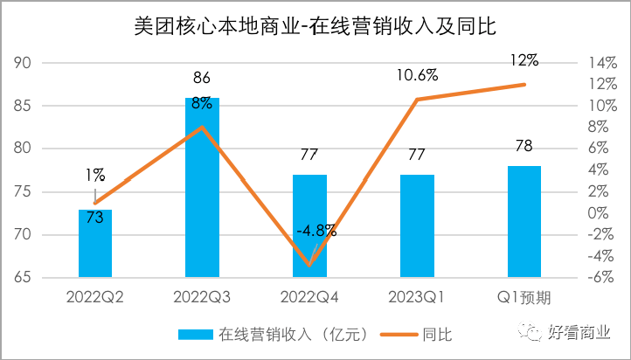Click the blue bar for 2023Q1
(x=417, y=227)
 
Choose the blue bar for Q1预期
(x=524, y=223)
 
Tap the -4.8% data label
(x=315, y=231)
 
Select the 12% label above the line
(x=524, y=60)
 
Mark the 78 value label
(x=524, y=146)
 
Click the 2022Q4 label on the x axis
(x=309, y=298)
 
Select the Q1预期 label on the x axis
(x=524, y=298)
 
